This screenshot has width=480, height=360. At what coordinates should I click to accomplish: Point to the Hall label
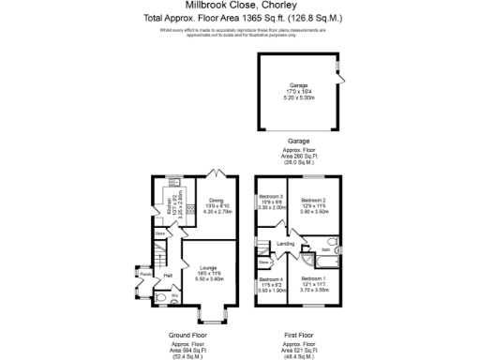[168, 275]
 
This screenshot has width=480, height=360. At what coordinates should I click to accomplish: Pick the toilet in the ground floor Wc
[160, 299]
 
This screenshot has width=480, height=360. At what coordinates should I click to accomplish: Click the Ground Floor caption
[187, 335]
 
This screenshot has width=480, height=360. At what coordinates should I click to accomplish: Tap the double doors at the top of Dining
[217, 174]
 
